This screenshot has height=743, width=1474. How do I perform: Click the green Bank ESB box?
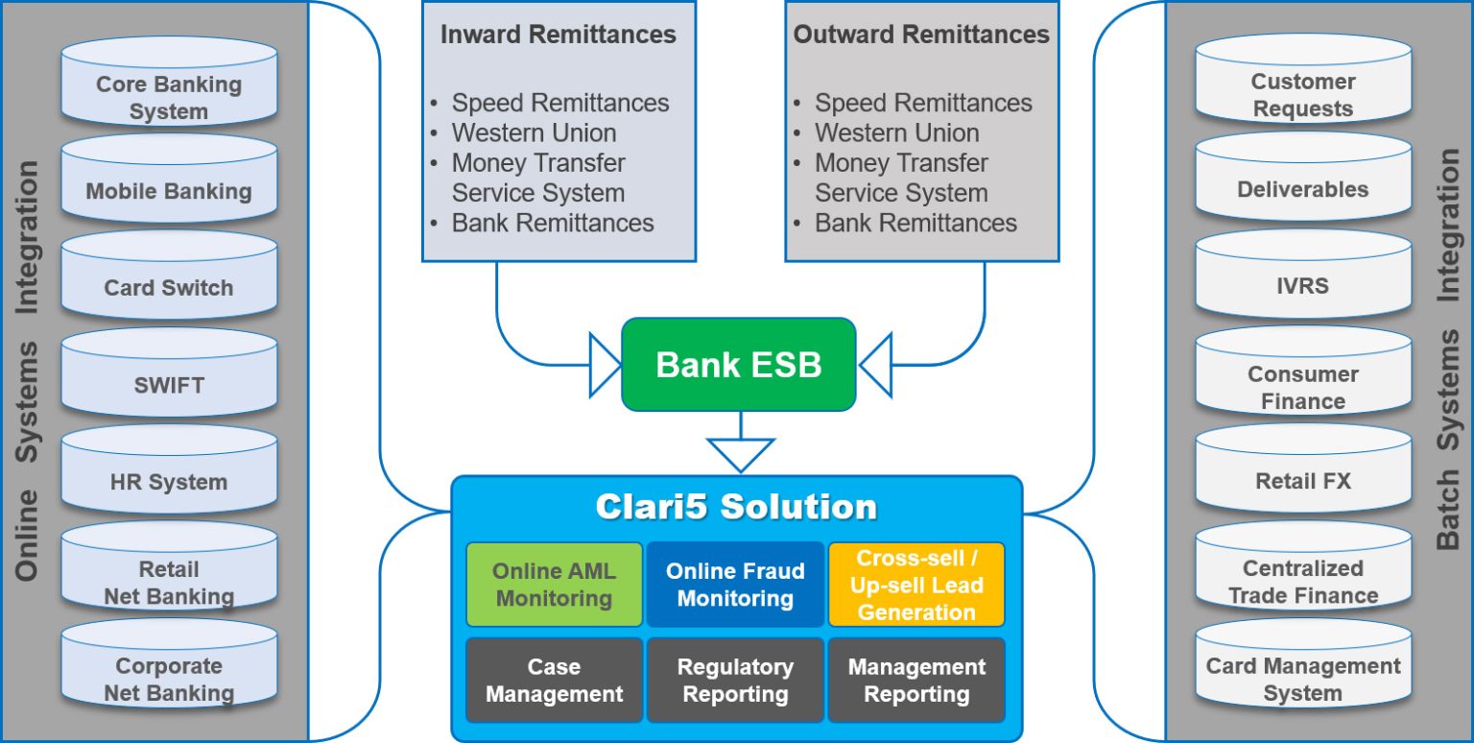tap(738, 365)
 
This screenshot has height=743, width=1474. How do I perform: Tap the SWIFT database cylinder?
tap(169, 385)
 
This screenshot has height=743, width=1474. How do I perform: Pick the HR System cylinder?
tap(169, 482)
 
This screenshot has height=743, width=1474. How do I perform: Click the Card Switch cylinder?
tap(169, 287)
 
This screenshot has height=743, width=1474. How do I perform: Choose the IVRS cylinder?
tap(1302, 286)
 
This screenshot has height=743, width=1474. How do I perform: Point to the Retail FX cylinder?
tap(1302, 481)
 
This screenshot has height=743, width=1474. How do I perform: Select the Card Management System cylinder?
tap(1302, 678)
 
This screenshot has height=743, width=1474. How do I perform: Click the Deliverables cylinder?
tap(1302, 189)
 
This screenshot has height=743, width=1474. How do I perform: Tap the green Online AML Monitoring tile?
tap(554, 585)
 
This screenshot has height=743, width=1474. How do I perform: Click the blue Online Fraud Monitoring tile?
tap(735, 585)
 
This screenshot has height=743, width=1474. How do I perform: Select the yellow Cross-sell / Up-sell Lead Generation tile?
tap(916, 585)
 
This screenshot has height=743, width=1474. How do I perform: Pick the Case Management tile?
tap(554, 680)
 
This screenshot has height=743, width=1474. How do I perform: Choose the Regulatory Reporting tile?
tap(735, 680)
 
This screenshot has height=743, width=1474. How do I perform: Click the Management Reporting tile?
tap(916, 680)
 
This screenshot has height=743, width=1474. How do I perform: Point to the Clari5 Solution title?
tap(736, 507)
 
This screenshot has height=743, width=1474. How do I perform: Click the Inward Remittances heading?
tap(558, 35)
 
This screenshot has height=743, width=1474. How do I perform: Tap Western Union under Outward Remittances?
tap(896, 132)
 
